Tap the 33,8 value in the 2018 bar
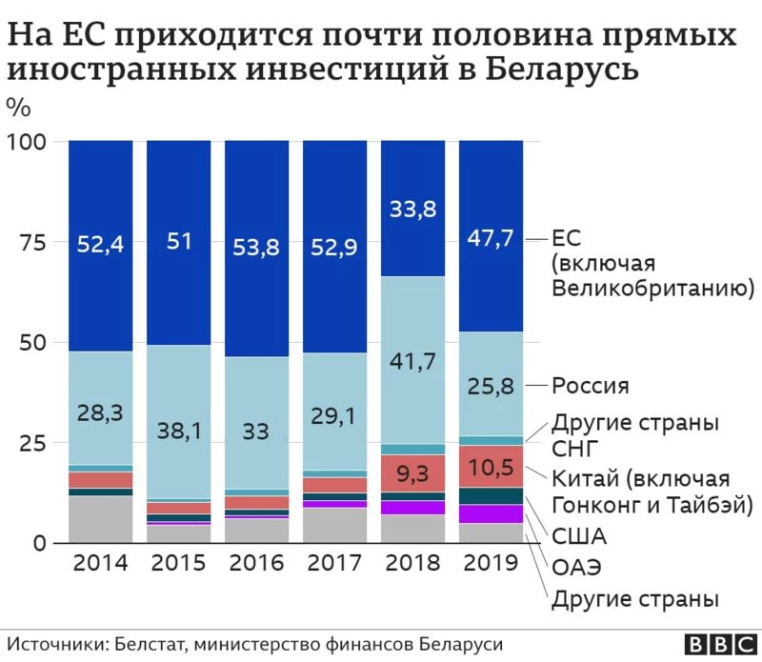(x=412, y=209)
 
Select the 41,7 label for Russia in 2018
(x=412, y=361)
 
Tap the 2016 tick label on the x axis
(x=257, y=563)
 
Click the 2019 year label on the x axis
(x=491, y=563)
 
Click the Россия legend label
(x=591, y=386)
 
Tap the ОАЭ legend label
(x=578, y=569)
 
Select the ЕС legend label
(x=567, y=238)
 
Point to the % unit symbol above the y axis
(x=18, y=105)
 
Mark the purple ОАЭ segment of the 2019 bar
(x=491, y=514)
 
